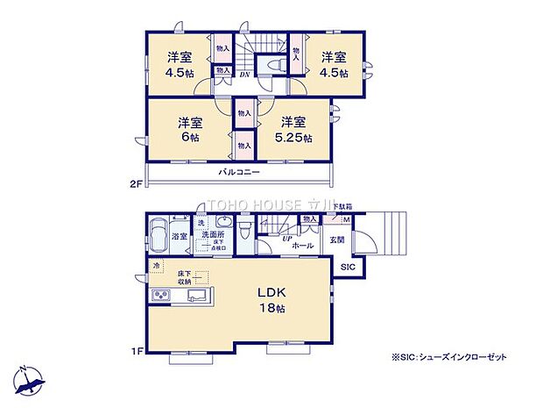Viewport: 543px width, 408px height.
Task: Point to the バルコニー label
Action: point(239,174)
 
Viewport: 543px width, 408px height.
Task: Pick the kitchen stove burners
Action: point(162,294)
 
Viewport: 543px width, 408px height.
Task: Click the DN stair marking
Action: point(244,75)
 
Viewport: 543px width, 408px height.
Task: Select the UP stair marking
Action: point(286,238)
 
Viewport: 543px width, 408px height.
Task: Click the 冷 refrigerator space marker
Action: point(157,266)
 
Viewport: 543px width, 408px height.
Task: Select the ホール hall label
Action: point(301,247)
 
